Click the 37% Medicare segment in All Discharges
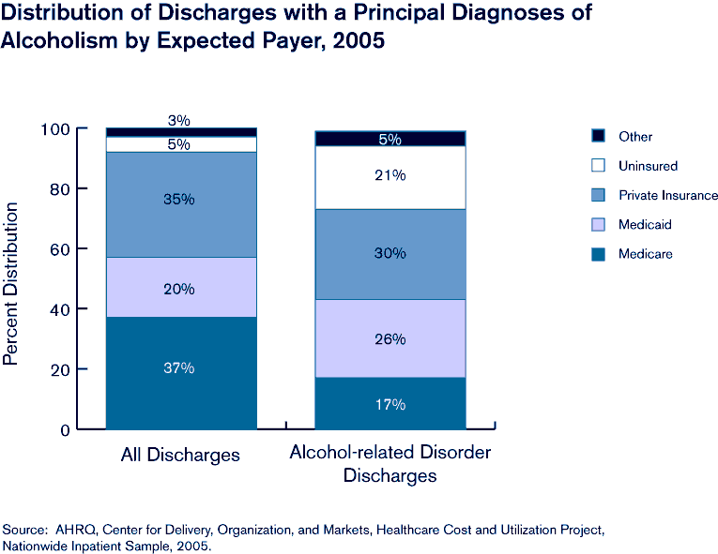pyautogui.click(x=180, y=372)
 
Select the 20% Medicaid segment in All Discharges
pyautogui.click(x=180, y=287)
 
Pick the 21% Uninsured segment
pyautogui.click(x=390, y=177)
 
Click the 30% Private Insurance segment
pyautogui.click(x=390, y=254)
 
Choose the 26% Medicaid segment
pyautogui.click(x=390, y=338)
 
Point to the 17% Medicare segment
pyautogui.click(x=390, y=404)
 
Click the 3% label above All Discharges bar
pyautogui.click(x=179, y=120)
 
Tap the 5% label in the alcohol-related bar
pyautogui.click(x=390, y=139)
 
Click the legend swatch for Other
pyautogui.click(x=598, y=136)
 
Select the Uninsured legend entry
pyautogui.click(x=648, y=166)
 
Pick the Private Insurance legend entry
pyautogui.click(x=667, y=195)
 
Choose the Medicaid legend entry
pyautogui.click(x=645, y=225)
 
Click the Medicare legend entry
pyautogui.click(x=645, y=254)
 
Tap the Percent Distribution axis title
pyautogui.click(x=12, y=280)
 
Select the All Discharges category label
pyautogui.click(x=180, y=456)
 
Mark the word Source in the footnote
pyautogui.click(x=24, y=531)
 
